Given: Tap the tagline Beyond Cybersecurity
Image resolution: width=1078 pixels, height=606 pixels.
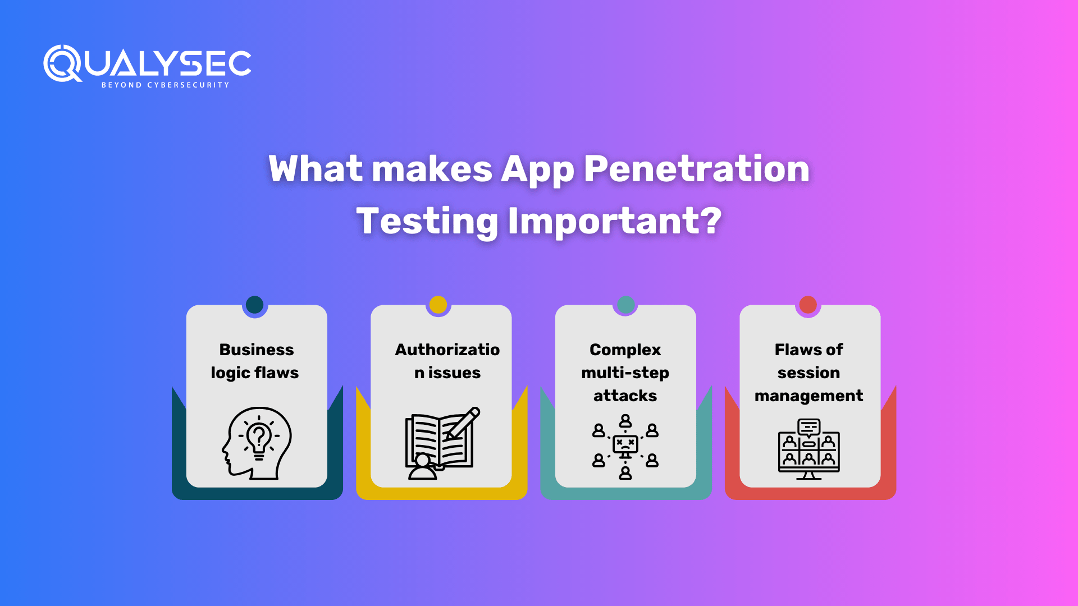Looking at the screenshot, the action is coord(165,85).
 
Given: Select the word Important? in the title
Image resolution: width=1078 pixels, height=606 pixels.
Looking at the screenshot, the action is coord(615,221).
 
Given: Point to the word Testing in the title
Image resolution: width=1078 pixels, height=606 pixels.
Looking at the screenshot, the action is coord(427,222).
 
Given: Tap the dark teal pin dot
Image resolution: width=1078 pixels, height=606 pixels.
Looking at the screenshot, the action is coord(255,305).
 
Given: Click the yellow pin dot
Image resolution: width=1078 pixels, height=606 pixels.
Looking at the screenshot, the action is coord(438,305).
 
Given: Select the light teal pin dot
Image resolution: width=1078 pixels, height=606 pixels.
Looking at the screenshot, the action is coord(625,305).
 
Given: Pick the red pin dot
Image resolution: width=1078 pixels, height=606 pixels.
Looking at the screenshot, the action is coord(808,305).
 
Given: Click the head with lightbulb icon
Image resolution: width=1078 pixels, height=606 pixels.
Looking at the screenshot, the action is coord(257,443).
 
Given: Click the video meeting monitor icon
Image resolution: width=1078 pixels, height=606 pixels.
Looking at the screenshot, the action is coord(809,449).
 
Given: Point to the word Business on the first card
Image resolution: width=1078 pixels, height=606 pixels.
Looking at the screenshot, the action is coord(257,350).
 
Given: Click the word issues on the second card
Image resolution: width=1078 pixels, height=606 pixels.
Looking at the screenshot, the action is coord(455,373).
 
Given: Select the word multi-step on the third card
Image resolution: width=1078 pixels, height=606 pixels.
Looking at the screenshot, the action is coord(625,373).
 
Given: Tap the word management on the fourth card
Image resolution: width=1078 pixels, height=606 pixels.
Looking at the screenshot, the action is coord(809,396).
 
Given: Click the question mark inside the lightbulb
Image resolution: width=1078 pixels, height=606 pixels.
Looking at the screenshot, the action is coord(259,435).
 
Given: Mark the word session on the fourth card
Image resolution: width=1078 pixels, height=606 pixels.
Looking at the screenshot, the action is coord(809,373).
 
